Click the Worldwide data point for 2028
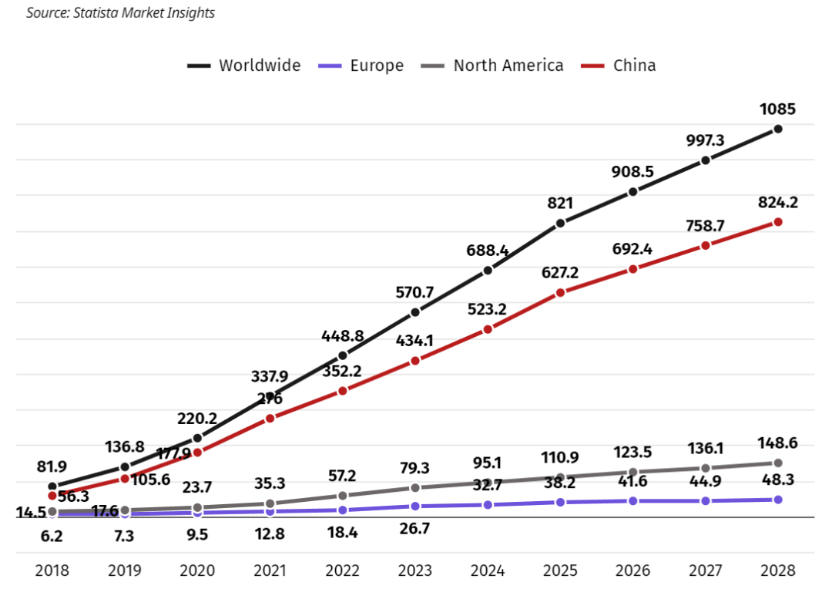point(778,129)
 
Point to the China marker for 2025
point(560,293)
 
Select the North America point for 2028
point(778,463)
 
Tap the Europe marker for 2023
point(415,506)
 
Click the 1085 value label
point(777,109)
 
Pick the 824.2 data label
point(777,203)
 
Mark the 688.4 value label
point(488,251)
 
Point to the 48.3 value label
point(777,480)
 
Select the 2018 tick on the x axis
point(52,571)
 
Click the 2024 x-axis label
point(488,571)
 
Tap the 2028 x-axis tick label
point(778,571)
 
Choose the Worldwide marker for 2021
point(270,395)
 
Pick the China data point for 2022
point(343,391)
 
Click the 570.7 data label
point(415,292)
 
